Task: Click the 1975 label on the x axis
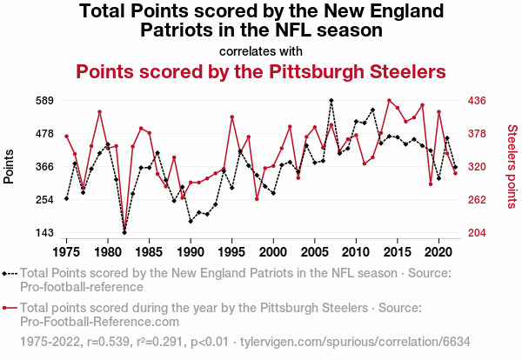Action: coord(67,251)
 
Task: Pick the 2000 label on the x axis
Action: coord(273,251)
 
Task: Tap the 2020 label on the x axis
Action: coord(438,251)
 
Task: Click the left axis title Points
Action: coord(10,166)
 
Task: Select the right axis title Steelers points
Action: coord(512,166)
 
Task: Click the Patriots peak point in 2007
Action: coord(331,101)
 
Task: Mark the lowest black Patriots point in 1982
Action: coord(124,233)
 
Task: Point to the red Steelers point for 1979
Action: coord(100,111)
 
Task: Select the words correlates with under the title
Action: coord(260,50)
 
